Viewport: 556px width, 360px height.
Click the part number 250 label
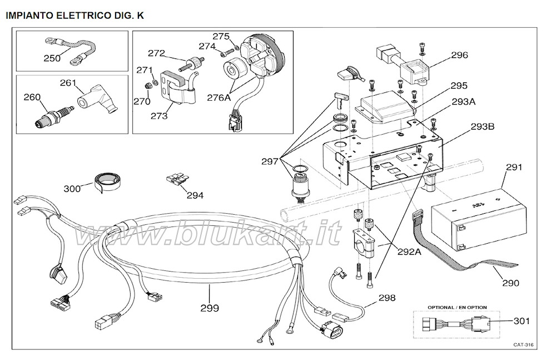pos(52,58)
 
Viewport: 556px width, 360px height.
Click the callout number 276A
pos(218,97)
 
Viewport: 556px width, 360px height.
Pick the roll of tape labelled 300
pos(106,181)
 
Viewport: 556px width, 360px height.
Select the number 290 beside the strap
pos(510,283)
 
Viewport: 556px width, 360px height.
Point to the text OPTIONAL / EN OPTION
pos(457,308)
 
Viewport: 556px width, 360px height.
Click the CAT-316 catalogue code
pos(523,345)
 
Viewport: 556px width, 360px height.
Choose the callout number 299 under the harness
pos(210,308)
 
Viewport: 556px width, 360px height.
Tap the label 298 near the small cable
pos(387,298)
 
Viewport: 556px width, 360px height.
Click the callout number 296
pos(459,55)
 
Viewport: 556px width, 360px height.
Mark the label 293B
pos(482,126)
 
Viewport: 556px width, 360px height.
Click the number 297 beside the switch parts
pos(270,161)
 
